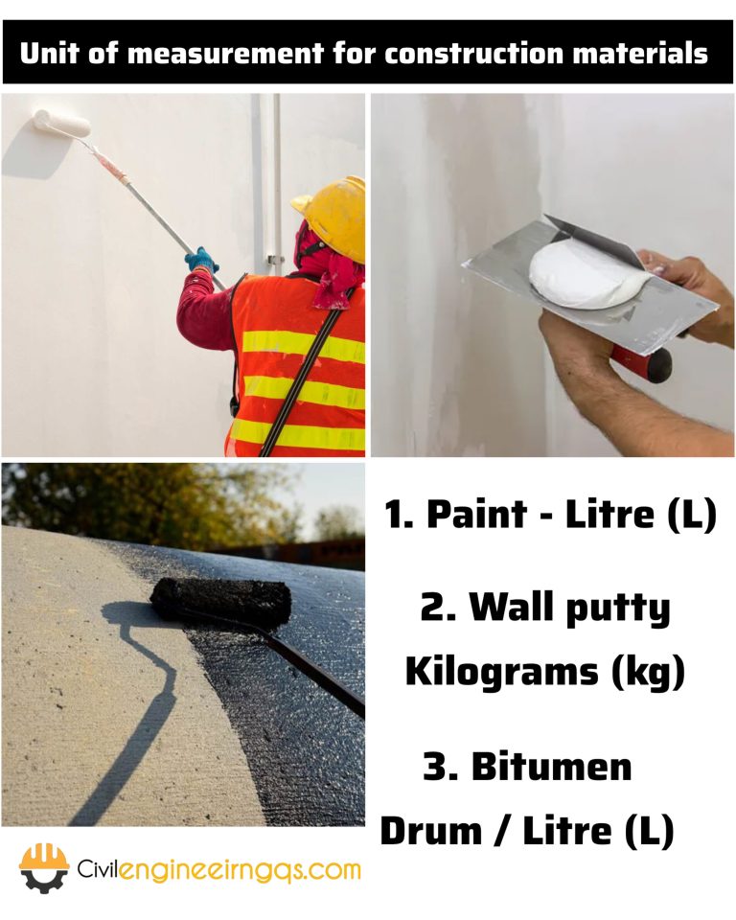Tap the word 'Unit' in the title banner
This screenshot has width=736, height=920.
pyautogui.click(x=49, y=53)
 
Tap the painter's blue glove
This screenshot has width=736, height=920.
pyautogui.click(x=201, y=260)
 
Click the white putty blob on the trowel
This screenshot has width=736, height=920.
pyautogui.click(x=583, y=275)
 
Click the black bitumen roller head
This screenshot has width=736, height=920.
pyautogui.click(x=221, y=598)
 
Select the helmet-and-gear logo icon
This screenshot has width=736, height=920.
pyautogui.click(x=44, y=867)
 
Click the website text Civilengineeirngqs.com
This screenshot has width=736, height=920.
pyautogui.click(x=219, y=870)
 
